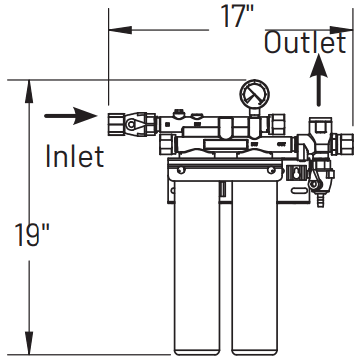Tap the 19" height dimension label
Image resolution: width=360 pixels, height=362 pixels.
32,236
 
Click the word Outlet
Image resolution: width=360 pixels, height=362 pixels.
305,43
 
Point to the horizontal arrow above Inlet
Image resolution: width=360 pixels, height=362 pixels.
73,117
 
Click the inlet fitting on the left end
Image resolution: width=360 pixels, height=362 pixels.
121,124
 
